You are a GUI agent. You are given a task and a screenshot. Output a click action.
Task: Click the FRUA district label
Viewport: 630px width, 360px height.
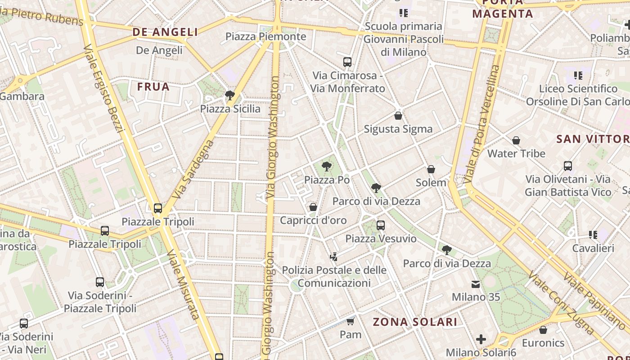pos(153,86)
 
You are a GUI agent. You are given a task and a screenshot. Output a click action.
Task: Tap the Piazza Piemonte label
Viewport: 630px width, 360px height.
pos(265,36)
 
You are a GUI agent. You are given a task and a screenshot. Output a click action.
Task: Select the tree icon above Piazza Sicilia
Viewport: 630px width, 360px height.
pos(230,95)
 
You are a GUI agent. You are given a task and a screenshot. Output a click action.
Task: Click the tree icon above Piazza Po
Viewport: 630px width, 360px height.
pos(327,167)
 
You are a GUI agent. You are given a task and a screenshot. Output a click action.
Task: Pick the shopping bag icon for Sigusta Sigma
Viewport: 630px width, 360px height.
pos(398,116)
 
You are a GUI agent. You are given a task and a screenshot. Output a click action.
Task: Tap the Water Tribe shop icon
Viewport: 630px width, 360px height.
pos(516,140)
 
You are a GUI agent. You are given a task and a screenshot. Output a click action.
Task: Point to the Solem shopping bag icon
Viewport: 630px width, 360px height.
pos(431,169)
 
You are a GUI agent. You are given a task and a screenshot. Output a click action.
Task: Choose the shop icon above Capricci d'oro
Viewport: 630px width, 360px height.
pos(313,207)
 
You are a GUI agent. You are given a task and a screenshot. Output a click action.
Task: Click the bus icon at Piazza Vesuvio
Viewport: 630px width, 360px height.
pos(381,225)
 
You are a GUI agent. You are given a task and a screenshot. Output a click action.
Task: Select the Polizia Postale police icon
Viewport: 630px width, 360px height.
pos(333,257)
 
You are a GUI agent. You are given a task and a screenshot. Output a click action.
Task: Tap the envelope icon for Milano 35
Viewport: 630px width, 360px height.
pos(476,284)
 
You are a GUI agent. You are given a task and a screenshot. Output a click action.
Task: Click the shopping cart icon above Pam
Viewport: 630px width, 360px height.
pos(351,321)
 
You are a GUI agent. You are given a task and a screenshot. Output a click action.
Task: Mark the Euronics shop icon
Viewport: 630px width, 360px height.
pos(543,330)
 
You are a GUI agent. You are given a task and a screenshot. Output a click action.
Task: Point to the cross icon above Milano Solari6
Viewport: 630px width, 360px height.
pos(481,339)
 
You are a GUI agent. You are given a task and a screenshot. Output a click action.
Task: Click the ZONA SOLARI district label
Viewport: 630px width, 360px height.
pos(415,322)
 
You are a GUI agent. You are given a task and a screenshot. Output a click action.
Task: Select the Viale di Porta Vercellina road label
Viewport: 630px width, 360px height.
pos(482,124)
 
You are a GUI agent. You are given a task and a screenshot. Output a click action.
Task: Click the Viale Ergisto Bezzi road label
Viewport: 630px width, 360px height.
pos(103,89)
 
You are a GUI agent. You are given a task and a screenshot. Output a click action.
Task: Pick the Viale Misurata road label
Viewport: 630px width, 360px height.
pos(183,284)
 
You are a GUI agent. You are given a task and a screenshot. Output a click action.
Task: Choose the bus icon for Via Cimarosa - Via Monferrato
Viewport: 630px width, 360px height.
pos(347,62)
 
